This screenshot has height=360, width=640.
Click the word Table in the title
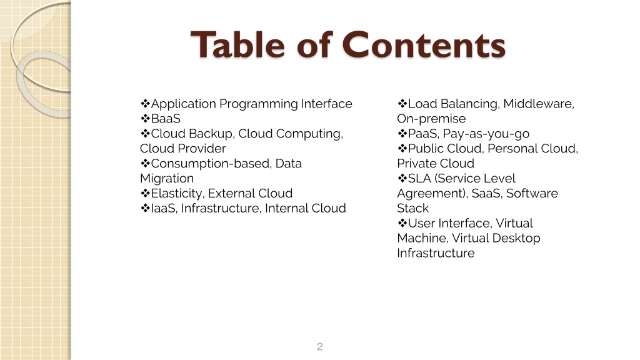[237, 44]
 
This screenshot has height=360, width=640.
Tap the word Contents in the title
[424, 44]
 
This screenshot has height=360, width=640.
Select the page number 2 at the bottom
[319, 346]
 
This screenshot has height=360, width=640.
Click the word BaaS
[166, 119]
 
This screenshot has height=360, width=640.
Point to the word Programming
[259, 104]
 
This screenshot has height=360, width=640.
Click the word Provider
[204, 149]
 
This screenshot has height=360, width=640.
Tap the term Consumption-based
[211, 164]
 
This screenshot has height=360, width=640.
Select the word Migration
[167, 179]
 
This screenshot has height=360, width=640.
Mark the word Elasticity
[177, 194]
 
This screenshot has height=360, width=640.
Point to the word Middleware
[539, 104]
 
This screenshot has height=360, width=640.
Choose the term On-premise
[431, 119]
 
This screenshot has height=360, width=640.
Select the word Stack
[412, 208]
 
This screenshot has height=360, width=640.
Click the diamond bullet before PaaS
[402, 134]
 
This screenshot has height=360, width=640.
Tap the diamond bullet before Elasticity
[145, 193]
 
